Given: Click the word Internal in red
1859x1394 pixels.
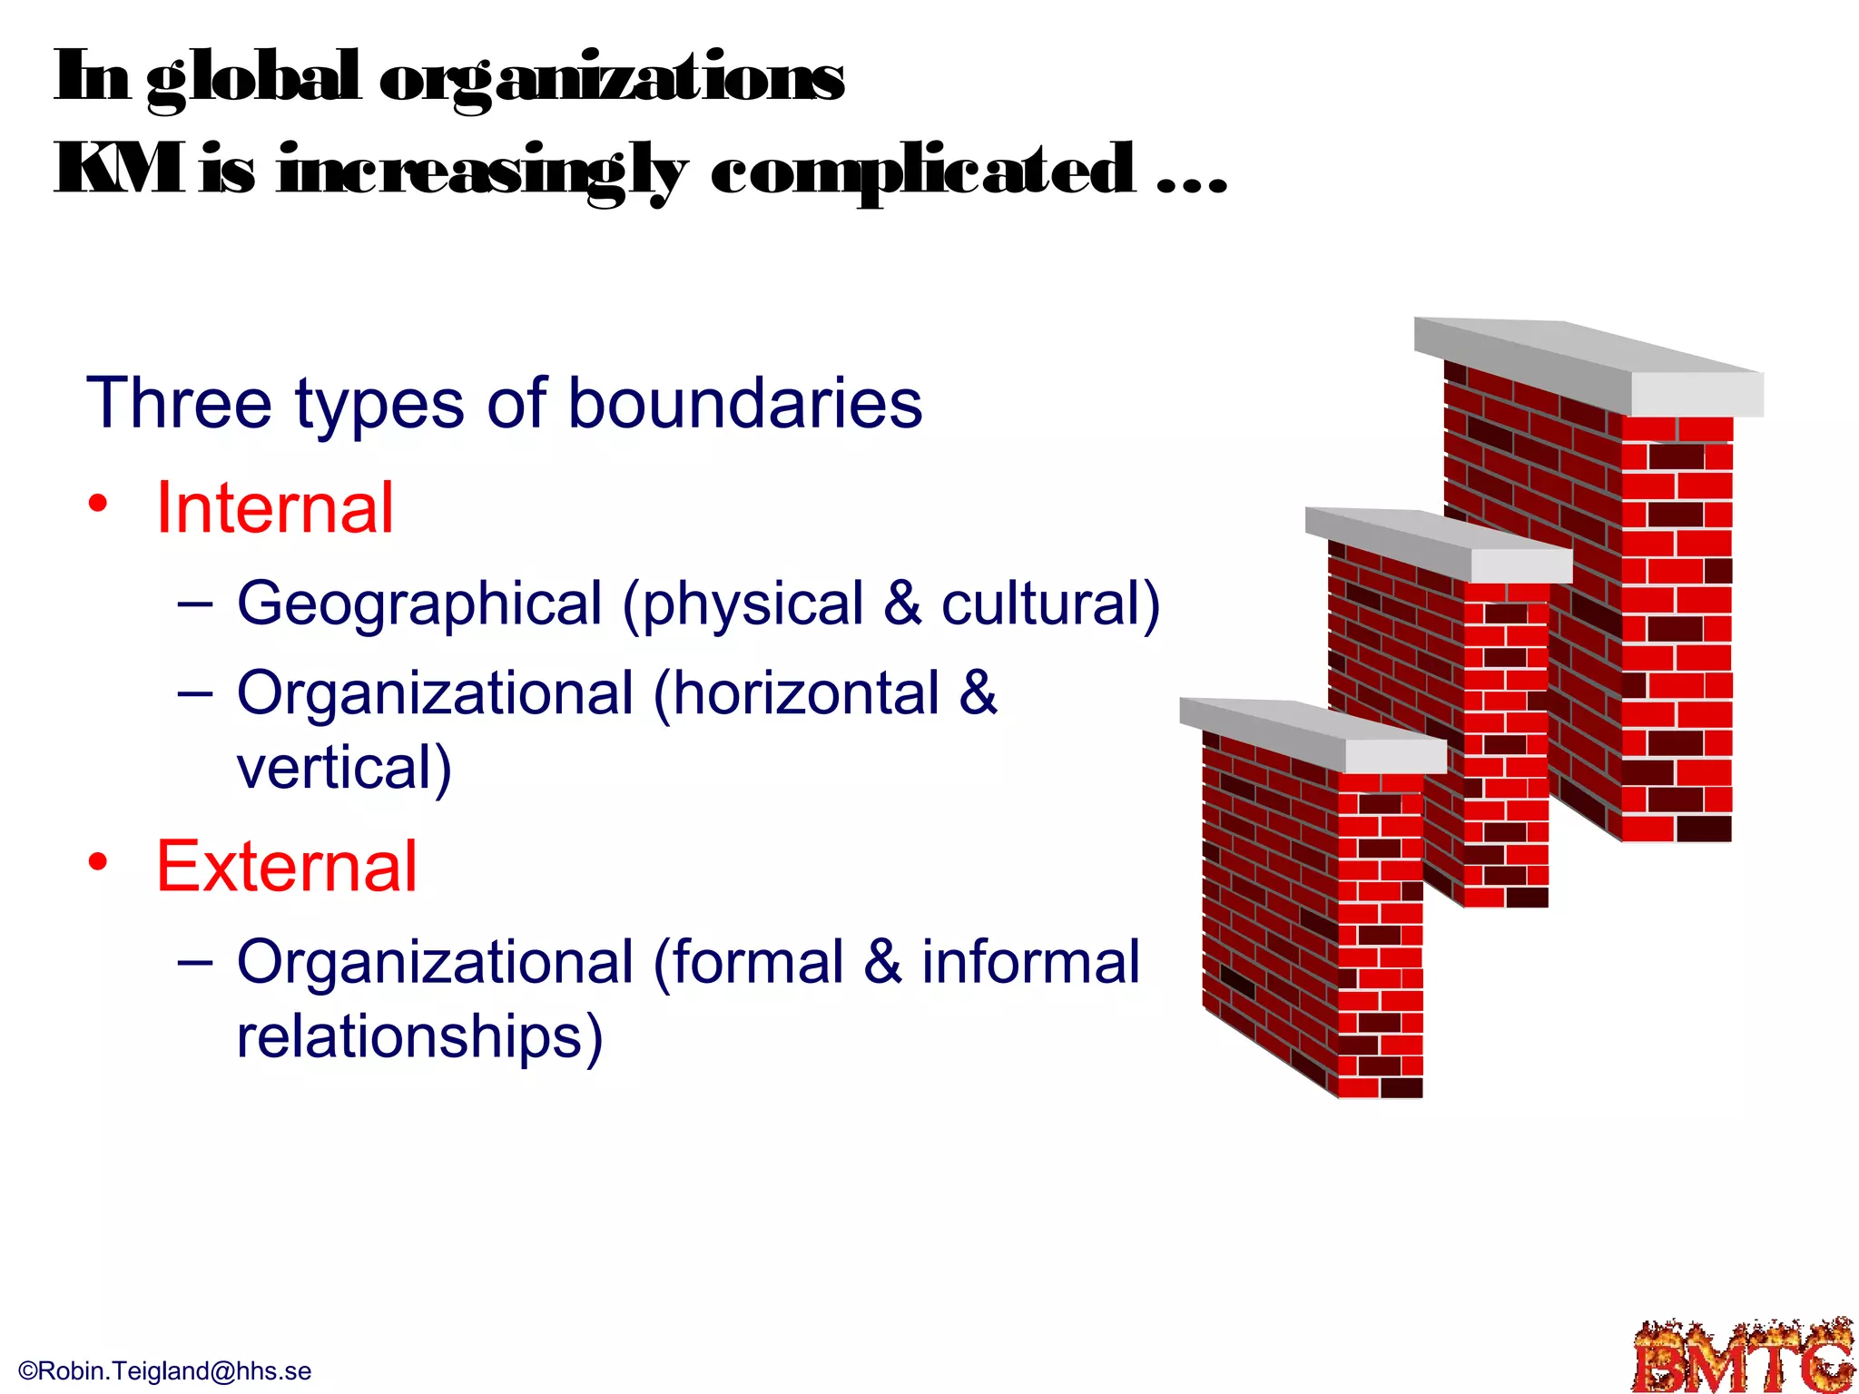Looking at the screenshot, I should [x=275, y=508].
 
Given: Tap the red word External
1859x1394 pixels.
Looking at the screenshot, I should [x=287, y=867].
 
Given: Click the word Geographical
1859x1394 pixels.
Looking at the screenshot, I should [x=419, y=604].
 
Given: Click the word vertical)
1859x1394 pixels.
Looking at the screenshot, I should [x=344, y=768].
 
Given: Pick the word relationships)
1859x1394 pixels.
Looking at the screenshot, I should [x=419, y=1036].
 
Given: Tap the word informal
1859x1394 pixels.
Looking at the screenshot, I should [x=1030, y=962].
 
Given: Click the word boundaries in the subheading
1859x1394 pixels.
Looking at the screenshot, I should [x=744, y=404].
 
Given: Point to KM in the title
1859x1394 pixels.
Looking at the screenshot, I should [x=119, y=170].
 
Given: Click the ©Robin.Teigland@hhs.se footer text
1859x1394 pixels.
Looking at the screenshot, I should [x=165, y=1370].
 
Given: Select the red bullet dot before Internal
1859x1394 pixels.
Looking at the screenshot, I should [x=98, y=504].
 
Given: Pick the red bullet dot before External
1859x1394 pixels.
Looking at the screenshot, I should [x=98, y=862].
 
